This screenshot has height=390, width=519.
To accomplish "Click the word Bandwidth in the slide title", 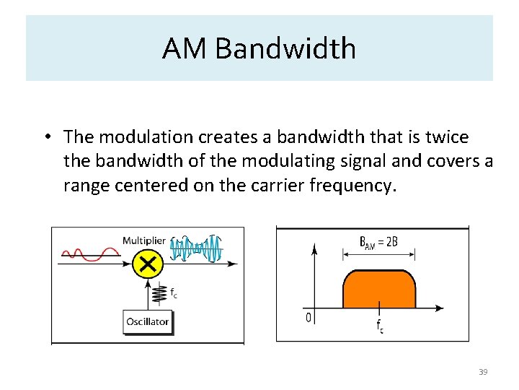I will pyautogui.click(x=285, y=49).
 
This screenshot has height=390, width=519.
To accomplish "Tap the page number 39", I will pyautogui.click(x=483, y=372).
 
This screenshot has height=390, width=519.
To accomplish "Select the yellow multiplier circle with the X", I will pyautogui.click(x=147, y=265).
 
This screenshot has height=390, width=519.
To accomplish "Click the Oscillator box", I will pyautogui.click(x=148, y=321).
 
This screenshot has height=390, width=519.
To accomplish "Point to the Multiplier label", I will pyautogui.click(x=143, y=240).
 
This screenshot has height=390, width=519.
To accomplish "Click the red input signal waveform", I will pyautogui.click(x=91, y=253).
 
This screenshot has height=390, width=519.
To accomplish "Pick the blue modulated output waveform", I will pyautogui.click(x=196, y=250).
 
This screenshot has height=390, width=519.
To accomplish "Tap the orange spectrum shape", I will pyautogui.click(x=379, y=288).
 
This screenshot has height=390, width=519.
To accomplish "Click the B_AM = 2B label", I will pyautogui.click(x=378, y=242).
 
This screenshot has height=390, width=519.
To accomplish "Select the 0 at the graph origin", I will pyautogui.click(x=308, y=318).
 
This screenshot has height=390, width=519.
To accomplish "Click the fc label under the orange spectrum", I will pyautogui.click(x=380, y=326).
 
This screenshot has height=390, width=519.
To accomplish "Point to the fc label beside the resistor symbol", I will pyautogui.click(x=174, y=292).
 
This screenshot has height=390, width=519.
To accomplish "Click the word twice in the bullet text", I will pyautogui.click(x=447, y=136).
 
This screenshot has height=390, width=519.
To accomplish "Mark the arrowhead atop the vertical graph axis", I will pyautogui.click(x=314, y=250).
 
